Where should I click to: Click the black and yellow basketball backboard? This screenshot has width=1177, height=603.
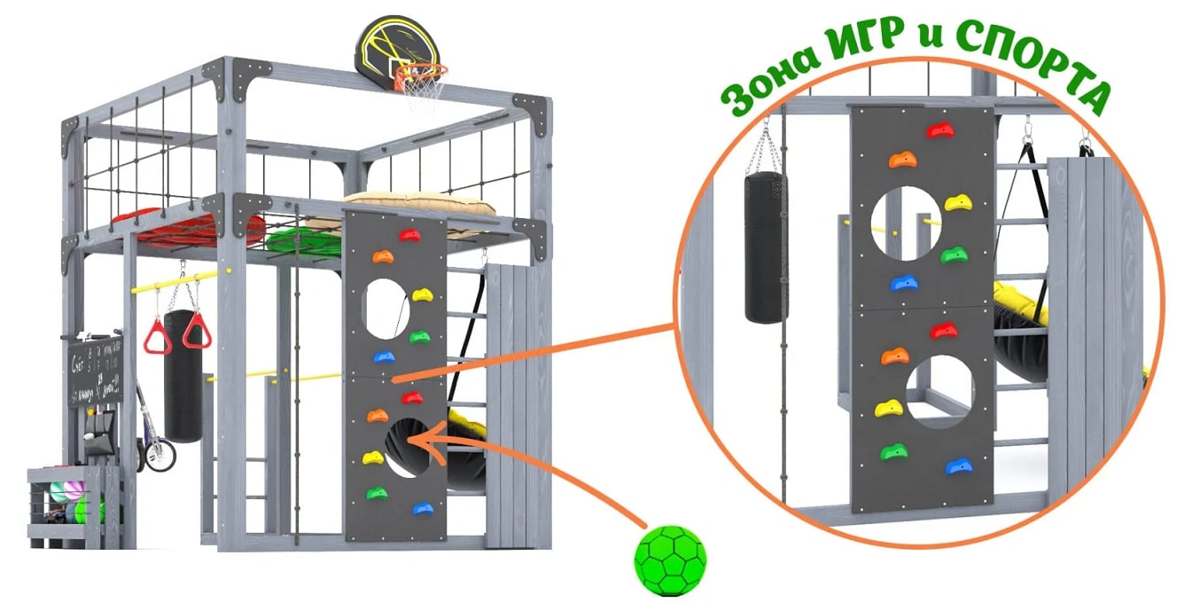pos(391,46)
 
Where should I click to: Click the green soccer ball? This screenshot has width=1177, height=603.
pos(671,560)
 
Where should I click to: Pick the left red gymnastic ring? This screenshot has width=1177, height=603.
pos(158,337)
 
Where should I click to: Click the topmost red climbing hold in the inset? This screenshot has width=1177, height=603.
pos(939,130)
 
